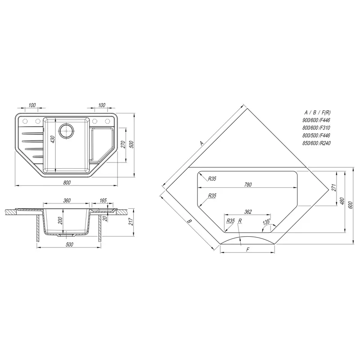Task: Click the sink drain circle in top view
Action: pos(67,131)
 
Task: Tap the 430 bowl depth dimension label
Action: pos(53,139)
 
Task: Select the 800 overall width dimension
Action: pos(67,183)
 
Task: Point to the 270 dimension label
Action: pos(123,144)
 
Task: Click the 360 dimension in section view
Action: pos(67,200)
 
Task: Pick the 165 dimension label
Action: pos(103,200)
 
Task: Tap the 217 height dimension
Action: pos(131,221)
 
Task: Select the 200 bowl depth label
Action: pos(60,220)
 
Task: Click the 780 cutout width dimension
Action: pos(248,184)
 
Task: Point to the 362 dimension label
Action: pos(248,211)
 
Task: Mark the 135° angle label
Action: pos(267,222)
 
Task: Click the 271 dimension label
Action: pos(334,188)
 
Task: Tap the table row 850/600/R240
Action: pos(317,143)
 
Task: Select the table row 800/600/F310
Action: pos(316,128)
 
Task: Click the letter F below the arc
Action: pos(248,250)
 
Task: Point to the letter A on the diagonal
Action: pos(202,144)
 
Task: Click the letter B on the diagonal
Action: pos(189,221)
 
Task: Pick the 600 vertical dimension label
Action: pos(350,205)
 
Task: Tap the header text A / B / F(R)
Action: pos(318,112)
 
